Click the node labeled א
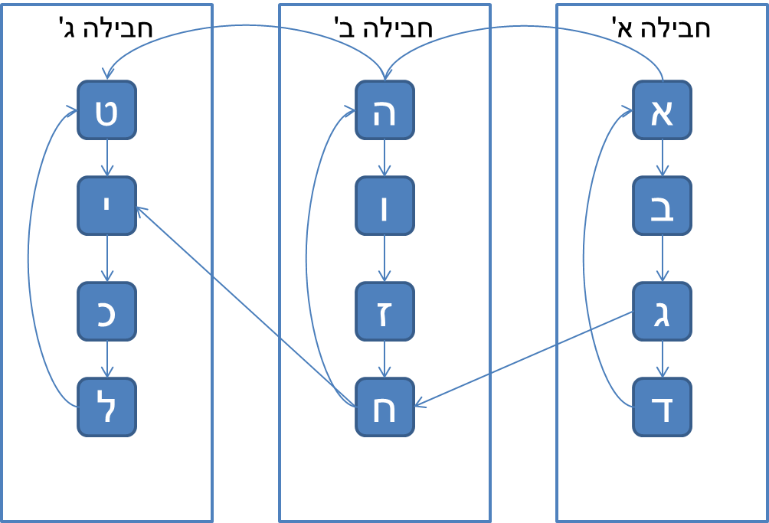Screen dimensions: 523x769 662,110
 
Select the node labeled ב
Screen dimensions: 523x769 662,206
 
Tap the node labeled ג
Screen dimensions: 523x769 662,311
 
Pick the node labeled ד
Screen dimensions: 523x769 662,407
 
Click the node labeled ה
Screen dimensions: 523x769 384,110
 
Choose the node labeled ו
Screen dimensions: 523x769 384,206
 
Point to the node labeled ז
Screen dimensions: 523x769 384,311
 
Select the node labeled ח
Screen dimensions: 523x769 384,407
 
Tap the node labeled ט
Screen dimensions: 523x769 106,110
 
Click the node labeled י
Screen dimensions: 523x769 106,206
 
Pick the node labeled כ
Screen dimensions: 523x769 106,311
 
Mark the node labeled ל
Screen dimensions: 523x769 106,407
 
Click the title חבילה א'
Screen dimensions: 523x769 661,28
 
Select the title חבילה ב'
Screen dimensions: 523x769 384,28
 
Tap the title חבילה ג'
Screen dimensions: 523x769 106,28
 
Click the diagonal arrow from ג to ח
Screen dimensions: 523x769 524,358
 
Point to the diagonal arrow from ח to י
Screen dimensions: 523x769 245,306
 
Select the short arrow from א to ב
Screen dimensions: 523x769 662,159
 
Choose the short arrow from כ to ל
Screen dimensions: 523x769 106,359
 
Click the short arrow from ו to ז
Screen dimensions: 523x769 384,259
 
